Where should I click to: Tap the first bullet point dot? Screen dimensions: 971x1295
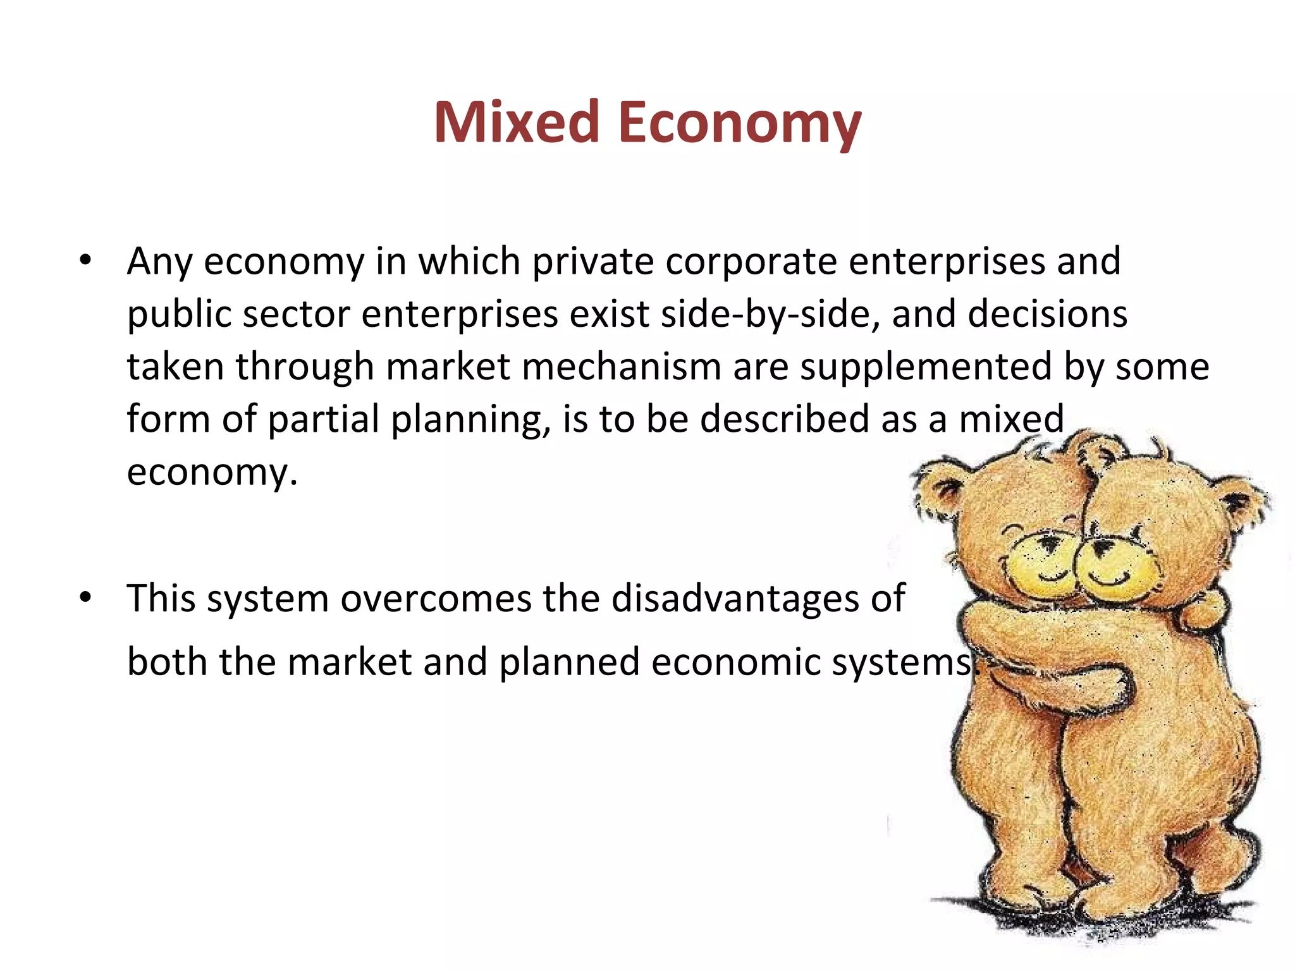(x=86, y=260)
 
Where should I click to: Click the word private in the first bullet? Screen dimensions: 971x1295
(x=592, y=262)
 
